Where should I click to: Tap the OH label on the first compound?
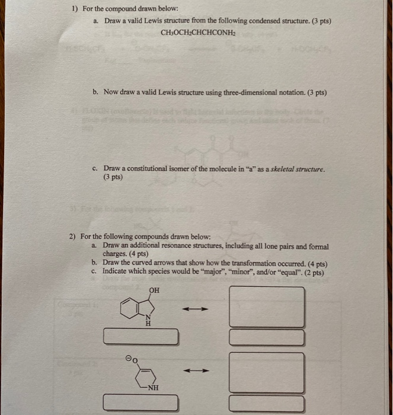coord(154,290)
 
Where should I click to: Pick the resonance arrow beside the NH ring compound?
coord(196,371)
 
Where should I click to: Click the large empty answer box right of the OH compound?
coord(267,307)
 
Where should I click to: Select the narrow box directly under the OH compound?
coord(141,337)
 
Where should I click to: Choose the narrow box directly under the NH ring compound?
coord(141,404)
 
